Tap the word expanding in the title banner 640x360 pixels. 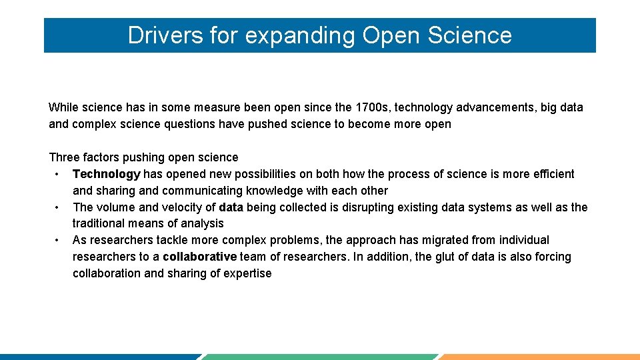(x=299, y=36)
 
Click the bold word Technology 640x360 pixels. (x=106, y=174)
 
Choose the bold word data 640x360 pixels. (x=231, y=207)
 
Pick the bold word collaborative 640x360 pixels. (x=199, y=257)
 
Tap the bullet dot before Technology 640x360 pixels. (x=58, y=175)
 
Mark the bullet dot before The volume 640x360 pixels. (x=58, y=207)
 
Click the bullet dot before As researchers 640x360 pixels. (x=58, y=240)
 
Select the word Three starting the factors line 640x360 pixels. (x=64, y=157)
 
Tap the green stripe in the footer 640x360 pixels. (x=320, y=357)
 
